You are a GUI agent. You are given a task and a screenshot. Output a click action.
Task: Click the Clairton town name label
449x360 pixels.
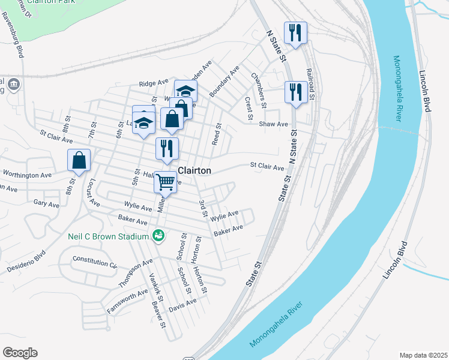194,171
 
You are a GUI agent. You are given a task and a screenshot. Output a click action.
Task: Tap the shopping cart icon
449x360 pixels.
165,181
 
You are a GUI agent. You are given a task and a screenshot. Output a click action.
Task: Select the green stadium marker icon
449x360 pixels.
158,236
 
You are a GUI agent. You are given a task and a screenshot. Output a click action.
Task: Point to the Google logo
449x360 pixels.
20,353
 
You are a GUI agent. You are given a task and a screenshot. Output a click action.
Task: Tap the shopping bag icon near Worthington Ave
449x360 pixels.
79,161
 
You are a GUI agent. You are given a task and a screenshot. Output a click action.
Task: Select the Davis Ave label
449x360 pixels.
182,305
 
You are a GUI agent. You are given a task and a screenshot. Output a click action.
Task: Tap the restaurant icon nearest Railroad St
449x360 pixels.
295,92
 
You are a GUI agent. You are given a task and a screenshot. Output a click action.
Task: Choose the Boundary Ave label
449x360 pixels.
224,82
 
